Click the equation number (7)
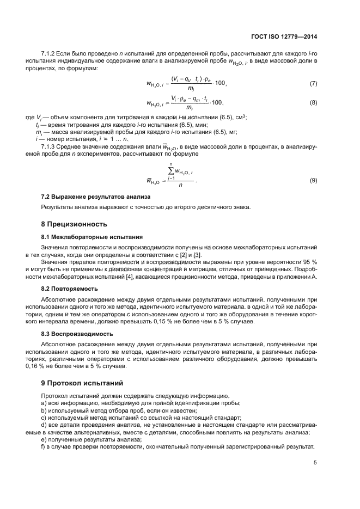coord(313,83)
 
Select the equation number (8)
coord(313,102)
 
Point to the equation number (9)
coord(313,180)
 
